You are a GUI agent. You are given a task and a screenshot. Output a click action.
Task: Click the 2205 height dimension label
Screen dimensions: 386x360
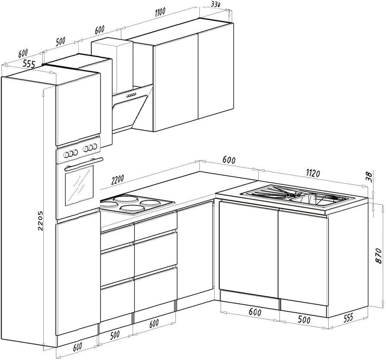click(41, 220)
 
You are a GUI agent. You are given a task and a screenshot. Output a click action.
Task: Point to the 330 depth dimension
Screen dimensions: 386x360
click(215, 4)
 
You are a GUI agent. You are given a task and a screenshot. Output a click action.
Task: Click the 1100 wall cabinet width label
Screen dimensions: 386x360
click(160, 12)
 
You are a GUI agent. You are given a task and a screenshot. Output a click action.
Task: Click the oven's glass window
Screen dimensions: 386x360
click(79, 185)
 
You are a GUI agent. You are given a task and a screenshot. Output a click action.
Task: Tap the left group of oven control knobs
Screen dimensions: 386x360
click(69, 154)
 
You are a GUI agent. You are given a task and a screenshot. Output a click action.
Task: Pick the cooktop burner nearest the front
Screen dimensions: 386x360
click(132, 209)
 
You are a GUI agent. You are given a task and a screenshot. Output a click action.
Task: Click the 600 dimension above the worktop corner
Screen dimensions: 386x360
click(229, 160)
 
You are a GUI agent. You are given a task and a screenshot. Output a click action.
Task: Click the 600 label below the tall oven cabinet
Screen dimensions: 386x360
click(77, 346)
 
